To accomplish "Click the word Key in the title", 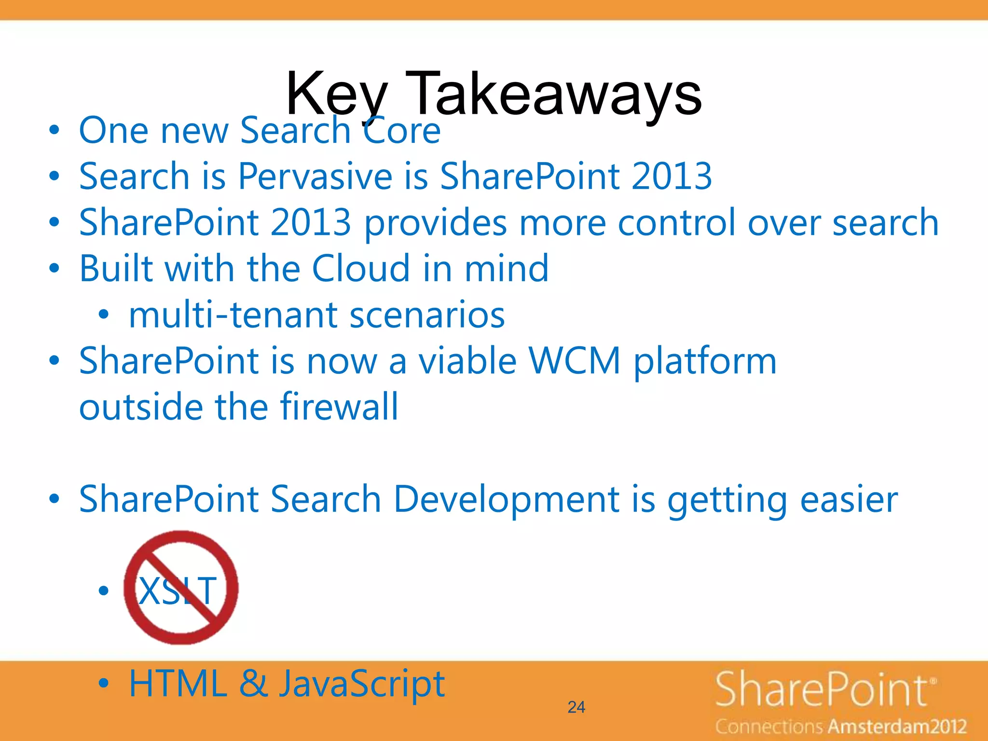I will pyautogui.click(x=337, y=94).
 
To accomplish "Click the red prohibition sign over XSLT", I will pyautogui.click(x=181, y=588).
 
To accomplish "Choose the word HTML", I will pyautogui.click(x=178, y=684).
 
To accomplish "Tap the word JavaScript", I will pyautogui.click(x=362, y=685).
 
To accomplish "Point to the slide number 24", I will pyautogui.click(x=576, y=707).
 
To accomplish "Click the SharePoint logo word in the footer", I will pyautogui.click(x=822, y=690).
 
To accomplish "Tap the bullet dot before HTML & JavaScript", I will pyautogui.click(x=104, y=684).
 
